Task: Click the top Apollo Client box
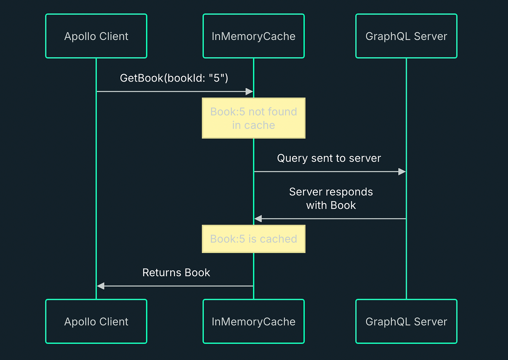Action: click(96, 36)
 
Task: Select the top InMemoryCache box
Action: click(254, 36)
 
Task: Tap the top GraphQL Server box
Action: click(406, 36)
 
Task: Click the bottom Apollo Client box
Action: click(96, 321)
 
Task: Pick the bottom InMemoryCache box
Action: click(254, 321)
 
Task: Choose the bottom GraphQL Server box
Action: click(406, 321)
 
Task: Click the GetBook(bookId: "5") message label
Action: click(174, 78)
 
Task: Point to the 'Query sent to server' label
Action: click(329, 158)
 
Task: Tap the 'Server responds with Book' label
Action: click(331, 198)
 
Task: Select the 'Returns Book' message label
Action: click(176, 272)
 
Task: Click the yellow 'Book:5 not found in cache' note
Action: click(254, 118)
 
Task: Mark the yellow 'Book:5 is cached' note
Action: click(254, 239)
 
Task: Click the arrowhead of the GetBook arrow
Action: click(249, 91)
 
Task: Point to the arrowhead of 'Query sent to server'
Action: click(402, 172)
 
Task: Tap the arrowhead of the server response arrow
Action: click(258, 219)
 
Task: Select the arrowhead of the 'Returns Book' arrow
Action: click(101, 286)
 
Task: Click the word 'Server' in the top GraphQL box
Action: click(430, 36)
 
